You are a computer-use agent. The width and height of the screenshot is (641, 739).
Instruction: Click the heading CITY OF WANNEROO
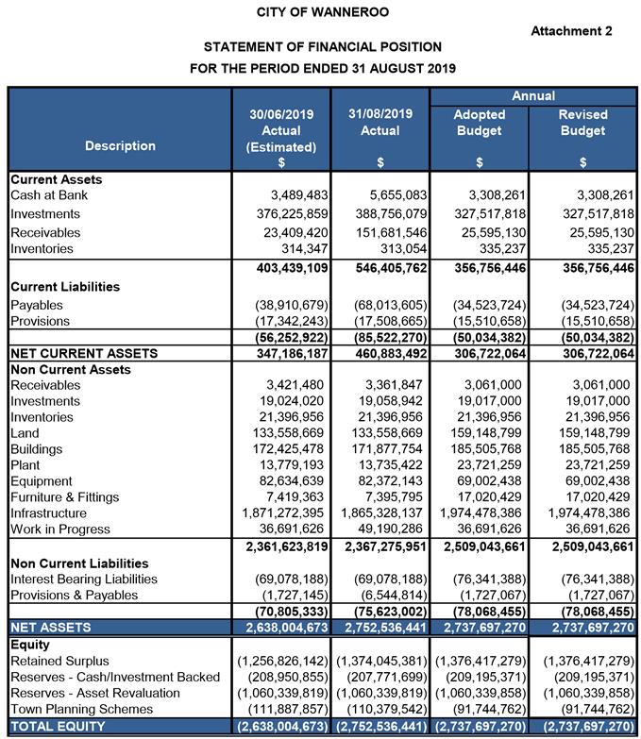pyautogui.click(x=322, y=12)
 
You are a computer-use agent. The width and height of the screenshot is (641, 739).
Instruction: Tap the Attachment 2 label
pyautogui.click(x=571, y=31)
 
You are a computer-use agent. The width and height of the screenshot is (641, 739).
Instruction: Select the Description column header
pyautogui.click(x=120, y=146)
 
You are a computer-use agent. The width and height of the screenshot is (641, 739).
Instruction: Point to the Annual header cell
pyautogui.click(x=532, y=96)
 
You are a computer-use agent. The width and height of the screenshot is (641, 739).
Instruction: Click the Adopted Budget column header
pyautogui.click(x=480, y=123)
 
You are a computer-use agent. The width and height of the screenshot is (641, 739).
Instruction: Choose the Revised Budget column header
pyautogui.click(x=582, y=123)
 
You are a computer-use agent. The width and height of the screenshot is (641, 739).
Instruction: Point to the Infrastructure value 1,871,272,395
pyautogui.click(x=280, y=513)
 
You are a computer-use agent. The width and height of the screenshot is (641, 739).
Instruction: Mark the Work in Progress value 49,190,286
pyautogui.click(x=381, y=529)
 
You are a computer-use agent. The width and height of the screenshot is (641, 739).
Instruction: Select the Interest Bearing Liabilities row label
pyautogui.click(x=83, y=579)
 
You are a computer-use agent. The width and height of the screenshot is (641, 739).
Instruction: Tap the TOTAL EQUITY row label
pyautogui.click(x=58, y=727)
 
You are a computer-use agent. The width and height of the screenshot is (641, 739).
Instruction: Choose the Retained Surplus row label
pyautogui.click(x=59, y=660)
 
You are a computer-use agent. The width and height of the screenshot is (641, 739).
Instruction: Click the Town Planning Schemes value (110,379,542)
pyautogui.click(x=380, y=709)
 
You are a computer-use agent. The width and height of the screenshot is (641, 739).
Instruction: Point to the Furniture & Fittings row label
pyautogui.click(x=64, y=497)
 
